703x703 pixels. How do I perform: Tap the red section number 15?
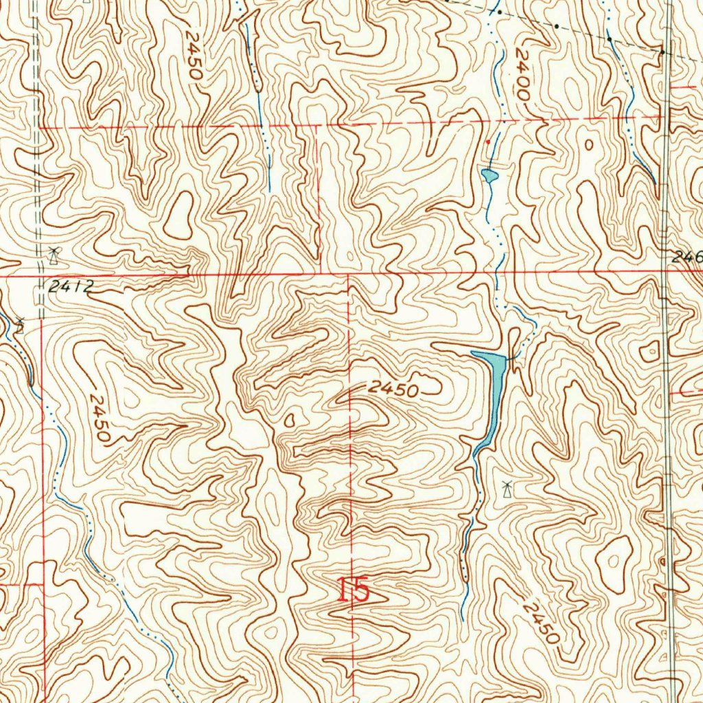pos(353,590)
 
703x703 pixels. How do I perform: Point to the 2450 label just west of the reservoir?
pos(393,389)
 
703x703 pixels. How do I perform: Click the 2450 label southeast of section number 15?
pos(540,621)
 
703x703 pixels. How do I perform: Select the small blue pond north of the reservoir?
pos(489,176)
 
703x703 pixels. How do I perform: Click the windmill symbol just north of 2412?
pos(53,255)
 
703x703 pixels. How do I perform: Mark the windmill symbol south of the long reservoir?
pos(507,490)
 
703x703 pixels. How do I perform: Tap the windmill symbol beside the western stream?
pos(21,323)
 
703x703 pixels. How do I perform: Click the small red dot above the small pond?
pos(488,141)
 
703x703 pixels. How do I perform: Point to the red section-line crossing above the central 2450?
pos(349,275)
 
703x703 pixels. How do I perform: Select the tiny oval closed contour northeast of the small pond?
pos(589,144)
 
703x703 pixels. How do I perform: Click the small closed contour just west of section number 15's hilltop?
pos(288,419)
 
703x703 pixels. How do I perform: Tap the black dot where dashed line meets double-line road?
pos(662,52)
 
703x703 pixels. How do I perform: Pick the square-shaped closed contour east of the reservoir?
pos(649,352)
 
